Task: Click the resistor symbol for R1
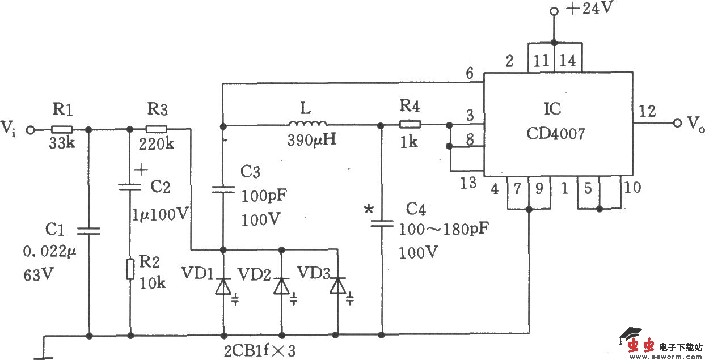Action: click(61, 129)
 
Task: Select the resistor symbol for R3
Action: click(156, 129)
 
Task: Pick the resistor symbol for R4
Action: click(410, 125)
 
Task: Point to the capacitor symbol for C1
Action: click(89, 230)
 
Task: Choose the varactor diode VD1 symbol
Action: click(223, 287)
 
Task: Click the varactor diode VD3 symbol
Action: click(338, 287)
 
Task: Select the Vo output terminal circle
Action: click(676, 123)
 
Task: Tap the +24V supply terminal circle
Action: click(554, 11)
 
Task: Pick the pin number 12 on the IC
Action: click(647, 111)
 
